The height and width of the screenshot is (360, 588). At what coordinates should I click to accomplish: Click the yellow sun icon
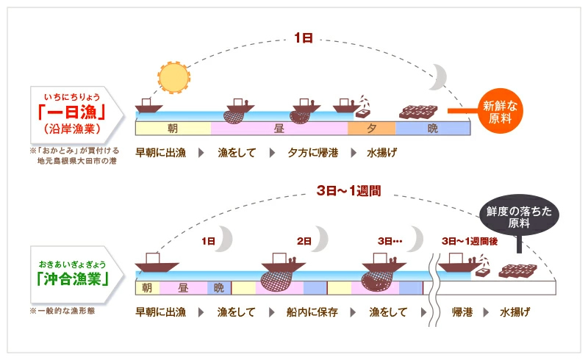pyautogui.click(x=173, y=78)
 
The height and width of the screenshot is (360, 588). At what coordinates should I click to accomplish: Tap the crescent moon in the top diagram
pyautogui.click(x=440, y=77)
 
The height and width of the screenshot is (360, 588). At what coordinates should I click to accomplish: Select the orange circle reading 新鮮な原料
pyautogui.click(x=501, y=111)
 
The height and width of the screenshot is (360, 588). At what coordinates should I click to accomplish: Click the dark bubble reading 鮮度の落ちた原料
pyautogui.click(x=519, y=215)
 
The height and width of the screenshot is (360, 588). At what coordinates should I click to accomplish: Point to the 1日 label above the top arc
pyautogui.click(x=304, y=38)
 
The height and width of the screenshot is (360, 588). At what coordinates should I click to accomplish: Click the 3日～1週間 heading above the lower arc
pyautogui.click(x=348, y=190)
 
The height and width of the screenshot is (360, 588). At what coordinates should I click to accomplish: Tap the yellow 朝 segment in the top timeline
pyautogui.click(x=173, y=129)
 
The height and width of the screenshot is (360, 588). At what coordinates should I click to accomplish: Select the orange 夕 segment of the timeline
pyautogui.click(x=372, y=129)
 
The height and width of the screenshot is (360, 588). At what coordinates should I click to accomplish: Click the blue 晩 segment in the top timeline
pyautogui.click(x=433, y=129)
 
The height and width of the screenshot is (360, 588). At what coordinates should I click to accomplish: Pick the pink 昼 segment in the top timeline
pyautogui.click(x=279, y=129)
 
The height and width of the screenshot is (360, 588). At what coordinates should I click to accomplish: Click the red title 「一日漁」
pyautogui.click(x=71, y=112)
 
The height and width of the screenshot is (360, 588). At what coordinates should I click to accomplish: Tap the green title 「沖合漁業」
pyautogui.click(x=73, y=278)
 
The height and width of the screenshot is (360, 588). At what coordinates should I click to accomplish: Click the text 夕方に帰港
pyautogui.click(x=313, y=153)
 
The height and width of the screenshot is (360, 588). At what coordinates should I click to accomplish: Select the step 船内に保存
pyautogui.click(x=312, y=312)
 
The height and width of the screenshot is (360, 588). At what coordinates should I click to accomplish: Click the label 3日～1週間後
pyautogui.click(x=470, y=241)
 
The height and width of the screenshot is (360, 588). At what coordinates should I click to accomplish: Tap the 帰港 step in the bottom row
pyautogui.click(x=462, y=312)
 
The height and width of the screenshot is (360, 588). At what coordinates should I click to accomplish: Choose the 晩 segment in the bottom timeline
pyautogui.click(x=219, y=287)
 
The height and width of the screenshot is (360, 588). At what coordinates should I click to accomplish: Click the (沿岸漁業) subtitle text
pyautogui.click(x=72, y=129)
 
